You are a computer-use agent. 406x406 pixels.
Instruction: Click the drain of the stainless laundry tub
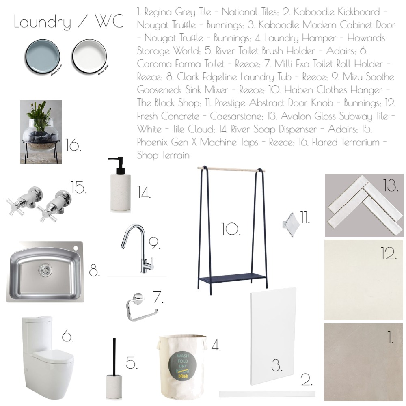pos(43,268)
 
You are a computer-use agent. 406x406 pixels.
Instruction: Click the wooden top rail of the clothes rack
pos(231,168)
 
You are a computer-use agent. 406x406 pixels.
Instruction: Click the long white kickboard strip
pos(267,393)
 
